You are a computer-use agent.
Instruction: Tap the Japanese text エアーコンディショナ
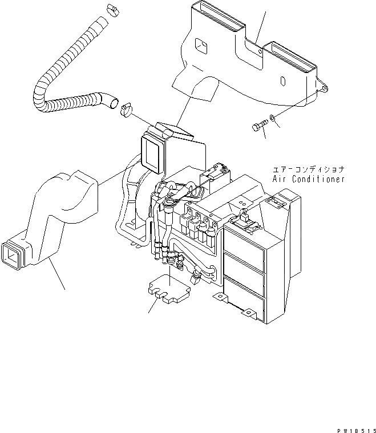[x=309, y=169]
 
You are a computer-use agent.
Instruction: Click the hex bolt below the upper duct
[x=258, y=126]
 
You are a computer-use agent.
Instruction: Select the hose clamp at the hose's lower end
[x=126, y=108]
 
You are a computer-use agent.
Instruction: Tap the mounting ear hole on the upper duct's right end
[x=324, y=88]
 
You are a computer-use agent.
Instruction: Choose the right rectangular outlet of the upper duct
[x=297, y=60]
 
